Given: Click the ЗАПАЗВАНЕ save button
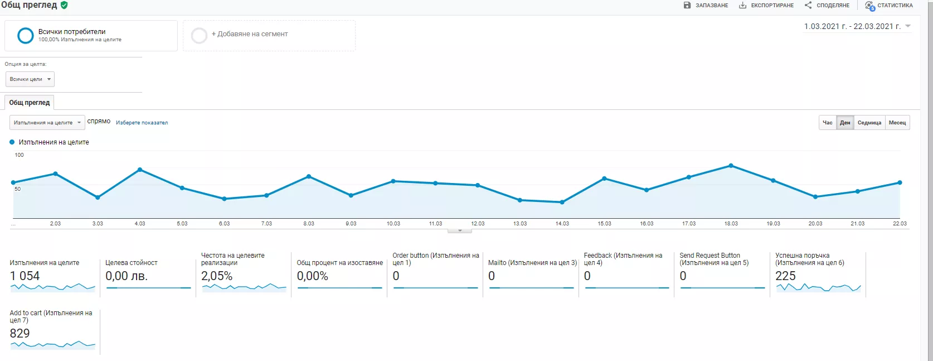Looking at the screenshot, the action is tap(706, 6).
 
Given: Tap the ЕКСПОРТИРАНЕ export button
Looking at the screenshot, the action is tap(766, 6).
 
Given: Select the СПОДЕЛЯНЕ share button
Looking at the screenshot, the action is tap(827, 6).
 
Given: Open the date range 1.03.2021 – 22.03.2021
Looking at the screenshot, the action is tap(857, 27).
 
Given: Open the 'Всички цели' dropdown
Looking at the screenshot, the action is tap(30, 79).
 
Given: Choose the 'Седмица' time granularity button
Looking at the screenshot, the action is tap(869, 123).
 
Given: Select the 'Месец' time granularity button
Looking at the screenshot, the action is tap(897, 123).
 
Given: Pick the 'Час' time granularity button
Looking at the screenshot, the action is tap(828, 123).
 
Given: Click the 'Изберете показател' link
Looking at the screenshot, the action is tap(142, 123).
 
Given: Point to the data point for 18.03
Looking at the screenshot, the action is tap(731, 166).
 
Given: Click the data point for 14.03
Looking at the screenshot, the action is tap(562, 202).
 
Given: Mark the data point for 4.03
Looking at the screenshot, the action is tap(140, 170).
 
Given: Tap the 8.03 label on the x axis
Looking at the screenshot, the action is tap(309, 223).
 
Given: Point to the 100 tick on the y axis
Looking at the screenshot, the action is tap(19, 155).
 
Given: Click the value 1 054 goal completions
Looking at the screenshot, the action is tap(25, 276).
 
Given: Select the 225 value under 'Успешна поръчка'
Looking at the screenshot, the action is tap(785, 276).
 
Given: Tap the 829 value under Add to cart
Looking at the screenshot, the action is tap(20, 334).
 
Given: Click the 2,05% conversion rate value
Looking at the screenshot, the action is tap(217, 276).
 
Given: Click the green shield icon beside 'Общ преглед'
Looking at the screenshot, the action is tap(64, 5).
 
